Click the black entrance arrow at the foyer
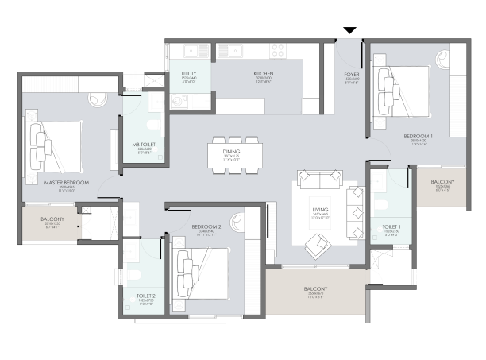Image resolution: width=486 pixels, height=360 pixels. [349, 31]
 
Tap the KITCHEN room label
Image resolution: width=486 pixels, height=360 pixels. [264, 73]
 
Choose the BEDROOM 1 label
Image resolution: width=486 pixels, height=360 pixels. [421, 137]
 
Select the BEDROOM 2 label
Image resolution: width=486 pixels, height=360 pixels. [206, 227]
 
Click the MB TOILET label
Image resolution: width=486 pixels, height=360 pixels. [144, 144]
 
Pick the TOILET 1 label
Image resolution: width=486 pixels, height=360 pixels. [391, 226]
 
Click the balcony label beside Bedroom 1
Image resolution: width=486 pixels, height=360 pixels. [442, 181]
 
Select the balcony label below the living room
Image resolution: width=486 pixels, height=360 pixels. [315, 288]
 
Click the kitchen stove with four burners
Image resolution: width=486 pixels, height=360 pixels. [277, 50]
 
